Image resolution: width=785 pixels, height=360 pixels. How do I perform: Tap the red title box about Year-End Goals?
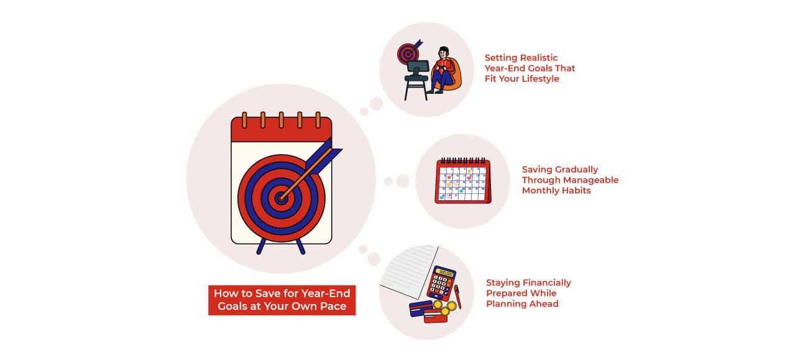click(282, 300)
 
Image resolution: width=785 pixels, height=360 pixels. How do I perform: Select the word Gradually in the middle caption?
click(572, 169)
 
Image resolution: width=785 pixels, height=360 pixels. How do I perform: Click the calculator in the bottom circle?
click(443, 285)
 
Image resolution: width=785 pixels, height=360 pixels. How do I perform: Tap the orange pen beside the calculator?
click(458, 297)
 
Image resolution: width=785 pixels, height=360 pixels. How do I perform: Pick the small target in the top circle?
click(408, 53)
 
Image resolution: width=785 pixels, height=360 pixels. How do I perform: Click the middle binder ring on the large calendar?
click(282, 119)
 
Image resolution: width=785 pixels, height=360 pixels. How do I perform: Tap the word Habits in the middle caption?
click(575, 191)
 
